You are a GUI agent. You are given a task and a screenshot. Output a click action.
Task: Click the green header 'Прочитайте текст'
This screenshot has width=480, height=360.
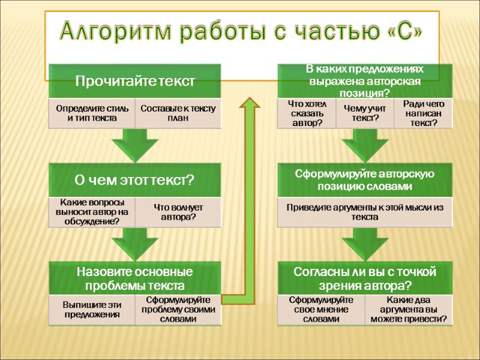pyautogui.click(x=135, y=80)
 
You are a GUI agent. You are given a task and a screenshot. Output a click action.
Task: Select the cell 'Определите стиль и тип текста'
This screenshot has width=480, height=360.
pyautogui.click(x=92, y=113)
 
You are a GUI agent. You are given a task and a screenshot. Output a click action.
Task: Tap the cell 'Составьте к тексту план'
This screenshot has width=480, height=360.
pyautogui.click(x=178, y=113)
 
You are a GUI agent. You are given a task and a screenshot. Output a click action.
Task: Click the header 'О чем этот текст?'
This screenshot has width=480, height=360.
pyautogui.click(x=135, y=179)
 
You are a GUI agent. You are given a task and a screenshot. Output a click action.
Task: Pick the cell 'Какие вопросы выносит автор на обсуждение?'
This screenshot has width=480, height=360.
pyautogui.click(x=92, y=211)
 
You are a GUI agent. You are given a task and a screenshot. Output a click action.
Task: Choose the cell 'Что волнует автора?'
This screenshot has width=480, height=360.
pyautogui.click(x=178, y=211)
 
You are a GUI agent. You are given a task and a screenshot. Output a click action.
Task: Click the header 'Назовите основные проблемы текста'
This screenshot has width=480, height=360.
pyautogui.click(x=135, y=278)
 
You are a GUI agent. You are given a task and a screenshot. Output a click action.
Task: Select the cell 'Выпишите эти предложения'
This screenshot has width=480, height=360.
pyautogui.click(x=92, y=309)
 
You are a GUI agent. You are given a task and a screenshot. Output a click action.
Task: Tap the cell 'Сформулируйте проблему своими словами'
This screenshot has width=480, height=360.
pyautogui.click(x=178, y=309)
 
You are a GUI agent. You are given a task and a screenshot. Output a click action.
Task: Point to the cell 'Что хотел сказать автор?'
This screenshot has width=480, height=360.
pyautogui.click(x=306, y=113)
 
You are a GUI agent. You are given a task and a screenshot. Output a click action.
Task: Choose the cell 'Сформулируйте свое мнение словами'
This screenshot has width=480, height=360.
pyautogui.click(x=321, y=309)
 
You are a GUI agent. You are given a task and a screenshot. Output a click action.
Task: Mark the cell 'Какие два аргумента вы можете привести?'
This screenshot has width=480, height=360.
pyautogui.click(x=409, y=309)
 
